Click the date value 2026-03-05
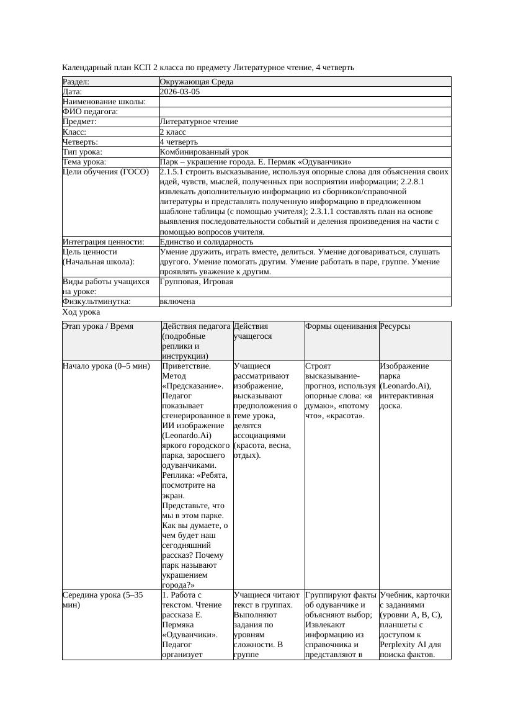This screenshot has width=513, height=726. [180, 92]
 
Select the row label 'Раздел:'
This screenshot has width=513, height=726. [76, 82]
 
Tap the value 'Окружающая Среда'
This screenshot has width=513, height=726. [197, 82]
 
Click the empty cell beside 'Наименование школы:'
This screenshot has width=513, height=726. [305, 102]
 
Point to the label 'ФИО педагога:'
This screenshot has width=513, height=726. [91, 112]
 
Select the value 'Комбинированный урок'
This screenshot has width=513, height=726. [204, 152]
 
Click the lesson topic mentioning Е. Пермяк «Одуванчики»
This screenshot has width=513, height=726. [256, 162]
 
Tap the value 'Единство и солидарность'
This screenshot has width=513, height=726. [206, 242]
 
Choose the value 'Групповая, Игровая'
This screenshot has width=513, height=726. [197, 282]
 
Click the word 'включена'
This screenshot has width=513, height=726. [177, 302]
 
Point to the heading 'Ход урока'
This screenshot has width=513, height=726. [81, 313]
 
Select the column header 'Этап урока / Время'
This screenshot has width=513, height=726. [98, 326]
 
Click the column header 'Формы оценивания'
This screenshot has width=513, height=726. [341, 326]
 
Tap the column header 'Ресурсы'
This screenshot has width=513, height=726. [395, 326]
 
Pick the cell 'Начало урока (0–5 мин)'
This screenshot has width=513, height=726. [106, 366]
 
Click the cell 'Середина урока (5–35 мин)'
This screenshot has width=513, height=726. [102, 600]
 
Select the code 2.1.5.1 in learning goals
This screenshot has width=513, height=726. [174, 172]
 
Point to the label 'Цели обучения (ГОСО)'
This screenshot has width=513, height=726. [106, 172]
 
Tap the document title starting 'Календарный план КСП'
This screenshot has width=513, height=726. [208, 67]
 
